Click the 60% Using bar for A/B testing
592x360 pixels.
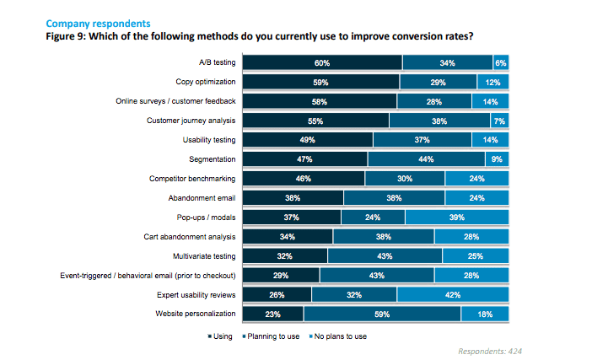point(322,62)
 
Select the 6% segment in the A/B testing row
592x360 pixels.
point(501,62)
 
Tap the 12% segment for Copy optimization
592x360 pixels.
point(493,82)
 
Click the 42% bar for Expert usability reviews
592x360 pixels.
point(454,295)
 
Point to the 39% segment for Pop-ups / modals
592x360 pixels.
point(457,218)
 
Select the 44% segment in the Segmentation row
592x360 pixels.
point(426,159)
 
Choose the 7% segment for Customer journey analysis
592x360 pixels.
point(500,121)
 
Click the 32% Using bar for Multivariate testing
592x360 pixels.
point(285,256)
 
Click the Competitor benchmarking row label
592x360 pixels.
point(193,179)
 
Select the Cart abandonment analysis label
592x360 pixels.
point(191,237)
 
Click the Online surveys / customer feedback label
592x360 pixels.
point(175,101)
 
